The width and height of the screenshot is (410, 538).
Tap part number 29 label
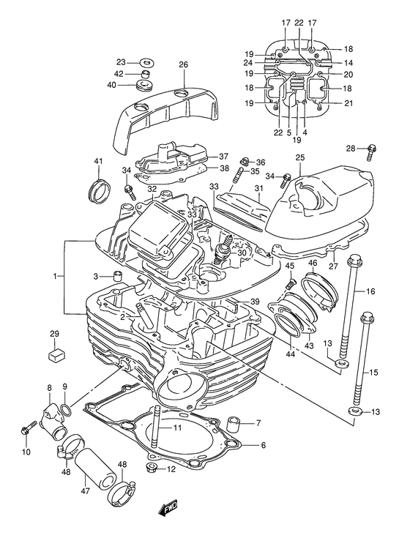pyautogui.click(x=53, y=335)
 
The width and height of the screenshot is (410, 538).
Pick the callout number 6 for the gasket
pyautogui.click(x=264, y=445)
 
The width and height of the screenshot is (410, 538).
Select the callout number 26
pyautogui.click(x=183, y=64)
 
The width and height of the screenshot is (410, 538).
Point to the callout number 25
pyautogui.click(x=299, y=158)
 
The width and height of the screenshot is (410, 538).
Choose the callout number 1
pyautogui.click(x=54, y=277)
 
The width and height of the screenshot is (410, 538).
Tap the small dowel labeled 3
pyautogui.click(x=116, y=276)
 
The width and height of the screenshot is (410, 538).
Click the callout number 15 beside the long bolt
pyautogui.click(x=373, y=373)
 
